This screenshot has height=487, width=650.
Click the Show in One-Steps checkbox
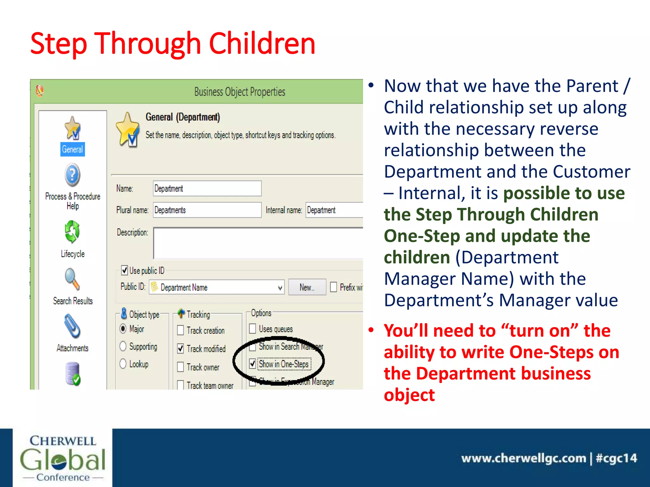(x=253, y=363)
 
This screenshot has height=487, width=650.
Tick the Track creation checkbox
(x=181, y=330)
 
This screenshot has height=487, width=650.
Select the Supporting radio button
(x=123, y=346)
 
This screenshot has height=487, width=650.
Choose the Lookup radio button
(x=123, y=364)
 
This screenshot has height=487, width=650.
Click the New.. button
(x=307, y=287)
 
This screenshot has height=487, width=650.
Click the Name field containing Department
(x=207, y=189)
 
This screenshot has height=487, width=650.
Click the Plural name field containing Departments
(x=207, y=210)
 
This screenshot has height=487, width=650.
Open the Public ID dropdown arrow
(x=280, y=288)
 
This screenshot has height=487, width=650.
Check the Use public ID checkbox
(x=125, y=270)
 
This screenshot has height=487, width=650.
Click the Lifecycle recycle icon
(x=72, y=231)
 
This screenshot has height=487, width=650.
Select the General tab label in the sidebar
(x=72, y=149)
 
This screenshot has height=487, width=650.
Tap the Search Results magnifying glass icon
(x=72, y=279)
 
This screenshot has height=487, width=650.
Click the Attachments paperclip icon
(x=72, y=326)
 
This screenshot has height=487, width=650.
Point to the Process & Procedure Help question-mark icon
(x=72, y=175)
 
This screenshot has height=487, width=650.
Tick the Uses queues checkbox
(x=253, y=329)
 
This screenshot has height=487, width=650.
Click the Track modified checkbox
(x=181, y=349)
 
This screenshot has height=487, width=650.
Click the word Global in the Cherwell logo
(x=63, y=459)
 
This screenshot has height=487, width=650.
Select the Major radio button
(x=123, y=329)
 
